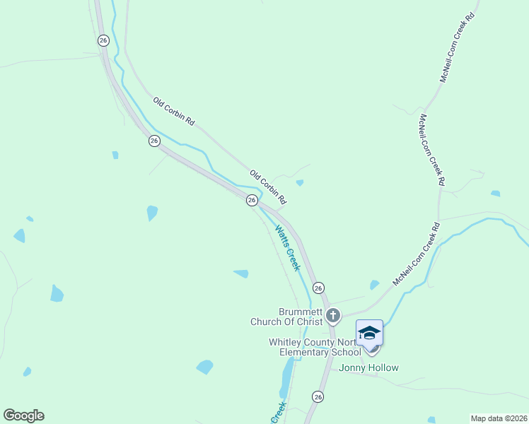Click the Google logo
23,416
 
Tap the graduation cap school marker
369,332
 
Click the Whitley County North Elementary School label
315,347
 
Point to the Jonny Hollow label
368,367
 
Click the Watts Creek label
288,248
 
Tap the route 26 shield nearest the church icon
318,288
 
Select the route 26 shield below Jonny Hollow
318,396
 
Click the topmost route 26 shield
103,41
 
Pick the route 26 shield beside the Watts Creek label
252,201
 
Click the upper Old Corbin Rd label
173,112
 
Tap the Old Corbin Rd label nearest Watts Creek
268,185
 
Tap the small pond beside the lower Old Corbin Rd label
300,183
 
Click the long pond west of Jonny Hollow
287,378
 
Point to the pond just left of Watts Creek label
241,273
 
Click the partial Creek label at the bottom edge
278,413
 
